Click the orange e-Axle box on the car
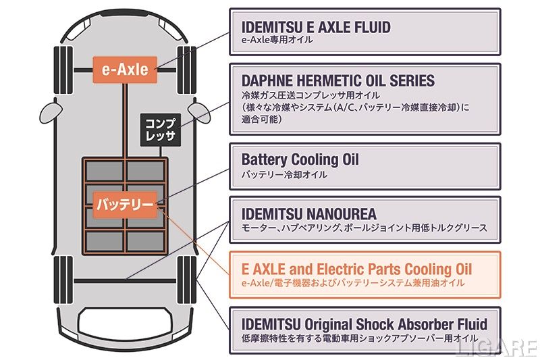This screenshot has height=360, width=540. click(x=125, y=69)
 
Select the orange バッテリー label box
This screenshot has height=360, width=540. click(x=125, y=203)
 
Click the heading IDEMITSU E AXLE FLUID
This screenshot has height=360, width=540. click(x=315, y=27)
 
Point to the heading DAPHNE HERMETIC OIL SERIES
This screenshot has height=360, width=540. click(x=337, y=81)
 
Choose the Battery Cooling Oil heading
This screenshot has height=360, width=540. click(x=300, y=160)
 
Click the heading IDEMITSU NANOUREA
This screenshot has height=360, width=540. click(x=308, y=213)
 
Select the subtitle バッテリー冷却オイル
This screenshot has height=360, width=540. click(x=284, y=174)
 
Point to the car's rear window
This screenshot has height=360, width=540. click(x=125, y=323)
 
